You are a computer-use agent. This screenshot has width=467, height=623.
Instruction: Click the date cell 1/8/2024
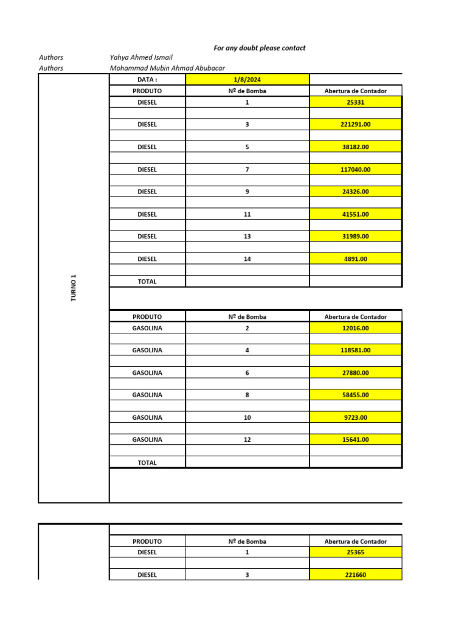pos(247,80)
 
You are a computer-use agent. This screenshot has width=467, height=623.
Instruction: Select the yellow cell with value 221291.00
pos(356,125)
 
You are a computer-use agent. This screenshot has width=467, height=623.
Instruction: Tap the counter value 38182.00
pos(356,147)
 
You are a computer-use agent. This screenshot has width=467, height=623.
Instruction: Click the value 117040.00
pos(356,170)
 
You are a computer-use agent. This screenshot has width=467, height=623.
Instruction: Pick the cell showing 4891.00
pos(356,259)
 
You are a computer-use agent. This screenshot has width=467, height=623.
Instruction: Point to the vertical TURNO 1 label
pos(74,288)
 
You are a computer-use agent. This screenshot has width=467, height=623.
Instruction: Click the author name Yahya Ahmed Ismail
pos(141,57)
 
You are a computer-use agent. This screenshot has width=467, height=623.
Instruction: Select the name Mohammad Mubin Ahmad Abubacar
pos(167,68)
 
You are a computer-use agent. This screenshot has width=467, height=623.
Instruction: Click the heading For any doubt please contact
pos(260,47)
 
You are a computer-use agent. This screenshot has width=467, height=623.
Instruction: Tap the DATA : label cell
pos(147,80)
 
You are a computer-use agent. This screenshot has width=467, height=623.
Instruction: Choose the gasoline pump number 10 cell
pos(247,417)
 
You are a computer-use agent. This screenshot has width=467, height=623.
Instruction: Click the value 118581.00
pos(356,350)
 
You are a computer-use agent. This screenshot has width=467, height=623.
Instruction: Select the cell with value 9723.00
pos(356,417)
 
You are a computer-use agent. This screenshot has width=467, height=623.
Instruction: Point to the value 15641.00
pos(356,440)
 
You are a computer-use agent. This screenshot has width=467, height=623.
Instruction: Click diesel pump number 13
pos(247,237)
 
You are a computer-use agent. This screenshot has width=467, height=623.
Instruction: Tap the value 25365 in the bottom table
pos(356,552)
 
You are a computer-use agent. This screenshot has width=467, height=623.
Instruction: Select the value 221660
pos(356,575)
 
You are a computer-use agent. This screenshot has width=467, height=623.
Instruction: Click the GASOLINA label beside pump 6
pos(147,373)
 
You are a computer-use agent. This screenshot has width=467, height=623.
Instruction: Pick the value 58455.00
pos(356,395)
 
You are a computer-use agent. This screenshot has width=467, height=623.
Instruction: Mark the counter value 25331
pos(356,103)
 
